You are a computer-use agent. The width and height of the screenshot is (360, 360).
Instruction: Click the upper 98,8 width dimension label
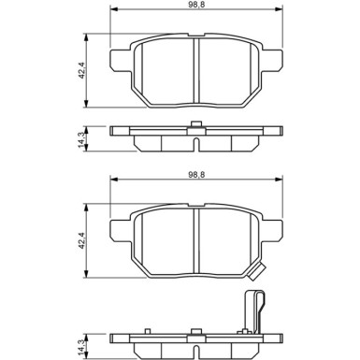click(x=194, y=7)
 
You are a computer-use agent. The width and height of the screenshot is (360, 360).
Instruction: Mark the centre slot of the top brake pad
click(x=194, y=70)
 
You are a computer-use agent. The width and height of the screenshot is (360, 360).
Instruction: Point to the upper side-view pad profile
click(x=194, y=136)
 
